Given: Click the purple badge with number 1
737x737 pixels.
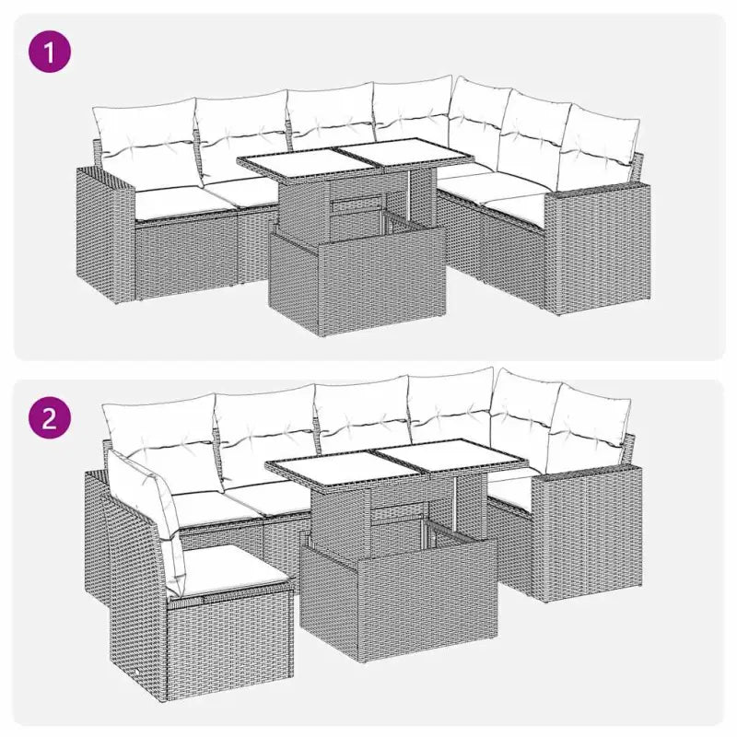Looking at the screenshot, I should (50, 51).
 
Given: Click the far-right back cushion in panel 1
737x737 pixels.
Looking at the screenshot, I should (599, 141).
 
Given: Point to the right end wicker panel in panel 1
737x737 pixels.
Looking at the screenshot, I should (598, 248).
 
